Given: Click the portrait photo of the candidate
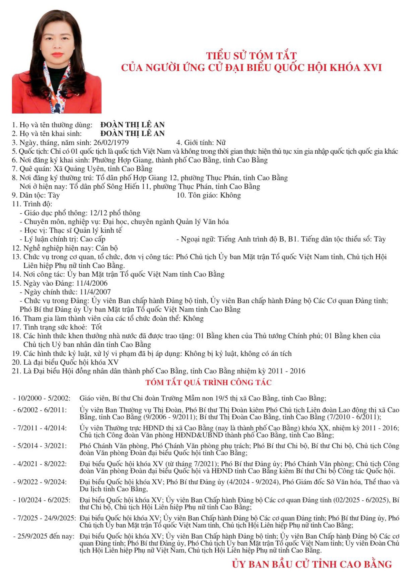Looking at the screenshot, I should coord(57,61).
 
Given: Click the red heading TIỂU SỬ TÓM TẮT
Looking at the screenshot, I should coord(251,56).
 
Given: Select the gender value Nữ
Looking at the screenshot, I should coord(221,142).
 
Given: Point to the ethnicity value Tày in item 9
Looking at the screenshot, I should coord(54,195).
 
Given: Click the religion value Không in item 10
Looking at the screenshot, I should coord(230,195).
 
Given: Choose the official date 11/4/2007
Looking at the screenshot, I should coord(95,292).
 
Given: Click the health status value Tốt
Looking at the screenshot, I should coord(97,327).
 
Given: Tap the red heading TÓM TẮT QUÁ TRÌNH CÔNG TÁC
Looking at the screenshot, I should coord(208,382).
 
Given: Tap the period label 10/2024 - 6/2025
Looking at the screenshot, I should coord(44,500).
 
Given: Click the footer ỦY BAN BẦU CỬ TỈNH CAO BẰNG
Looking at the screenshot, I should coord(312,564).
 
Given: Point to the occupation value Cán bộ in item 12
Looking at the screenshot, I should coord(107,248).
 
